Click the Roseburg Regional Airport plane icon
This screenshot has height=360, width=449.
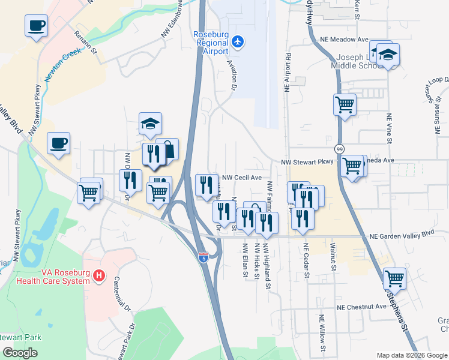238,41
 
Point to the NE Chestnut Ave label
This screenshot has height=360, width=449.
361,307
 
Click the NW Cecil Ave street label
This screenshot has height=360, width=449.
242,178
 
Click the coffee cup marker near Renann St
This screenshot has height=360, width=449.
36,26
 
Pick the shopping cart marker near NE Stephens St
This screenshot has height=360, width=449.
394,279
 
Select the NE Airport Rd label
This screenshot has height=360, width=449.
288,73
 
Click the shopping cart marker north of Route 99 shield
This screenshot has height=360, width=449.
345,104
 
